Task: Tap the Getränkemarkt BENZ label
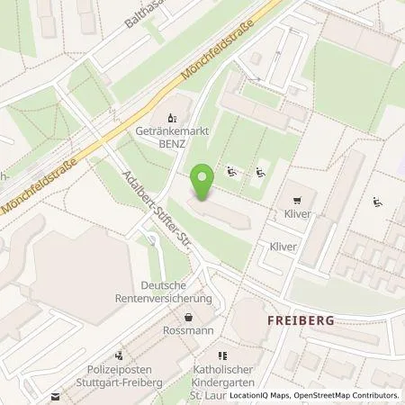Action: point(172,137)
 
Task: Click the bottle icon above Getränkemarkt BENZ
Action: point(172,116)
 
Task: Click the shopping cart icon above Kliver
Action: point(297,199)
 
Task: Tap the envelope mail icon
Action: point(55,395)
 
